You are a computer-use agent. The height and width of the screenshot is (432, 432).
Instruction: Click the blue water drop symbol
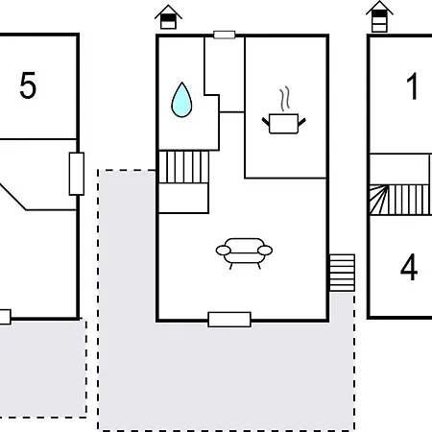181,100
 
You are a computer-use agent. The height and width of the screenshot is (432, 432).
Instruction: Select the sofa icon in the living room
244,253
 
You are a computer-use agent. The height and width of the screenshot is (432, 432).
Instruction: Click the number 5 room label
28,85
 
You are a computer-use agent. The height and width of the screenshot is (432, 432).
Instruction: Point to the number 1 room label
412,86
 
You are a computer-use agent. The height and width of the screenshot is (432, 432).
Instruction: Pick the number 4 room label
409,267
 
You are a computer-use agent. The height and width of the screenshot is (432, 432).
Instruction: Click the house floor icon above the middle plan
168,17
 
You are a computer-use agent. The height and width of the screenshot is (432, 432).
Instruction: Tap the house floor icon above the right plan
379,16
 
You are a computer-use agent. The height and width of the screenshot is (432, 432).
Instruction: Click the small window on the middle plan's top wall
225,35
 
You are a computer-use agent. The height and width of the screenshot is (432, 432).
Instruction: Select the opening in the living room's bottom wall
229,320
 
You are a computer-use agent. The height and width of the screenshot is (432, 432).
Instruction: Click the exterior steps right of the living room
342,273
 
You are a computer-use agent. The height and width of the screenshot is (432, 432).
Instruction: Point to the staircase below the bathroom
183,167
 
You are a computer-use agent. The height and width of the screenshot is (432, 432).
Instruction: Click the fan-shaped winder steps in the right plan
379,200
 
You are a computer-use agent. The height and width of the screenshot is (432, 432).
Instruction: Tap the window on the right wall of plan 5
77,174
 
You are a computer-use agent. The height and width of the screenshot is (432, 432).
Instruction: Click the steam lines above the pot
285,99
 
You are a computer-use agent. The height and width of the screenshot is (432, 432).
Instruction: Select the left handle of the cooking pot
266,122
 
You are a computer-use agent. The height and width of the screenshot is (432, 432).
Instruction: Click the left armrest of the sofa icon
224,251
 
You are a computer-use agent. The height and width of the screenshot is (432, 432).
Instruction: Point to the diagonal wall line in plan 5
13,197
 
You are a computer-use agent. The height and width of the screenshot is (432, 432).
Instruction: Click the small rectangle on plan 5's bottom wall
5,317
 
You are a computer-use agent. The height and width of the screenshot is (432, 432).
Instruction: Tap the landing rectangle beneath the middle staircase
183,198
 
